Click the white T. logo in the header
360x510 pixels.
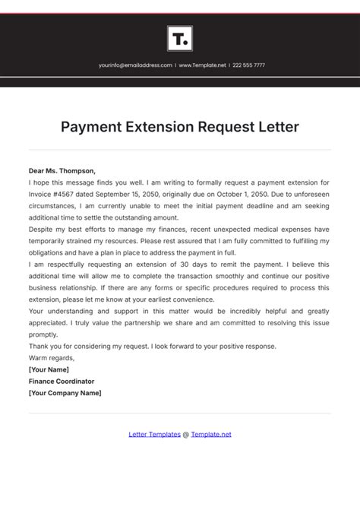click(x=179, y=38)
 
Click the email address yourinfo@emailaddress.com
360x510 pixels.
click(x=135, y=65)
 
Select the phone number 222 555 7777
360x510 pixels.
click(x=248, y=65)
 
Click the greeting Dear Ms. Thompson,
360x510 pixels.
click(x=62, y=171)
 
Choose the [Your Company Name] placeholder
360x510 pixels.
click(x=65, y=393)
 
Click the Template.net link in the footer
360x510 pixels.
click(x=211, y=434)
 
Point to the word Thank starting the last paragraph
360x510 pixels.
click(x=39, y=346)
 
